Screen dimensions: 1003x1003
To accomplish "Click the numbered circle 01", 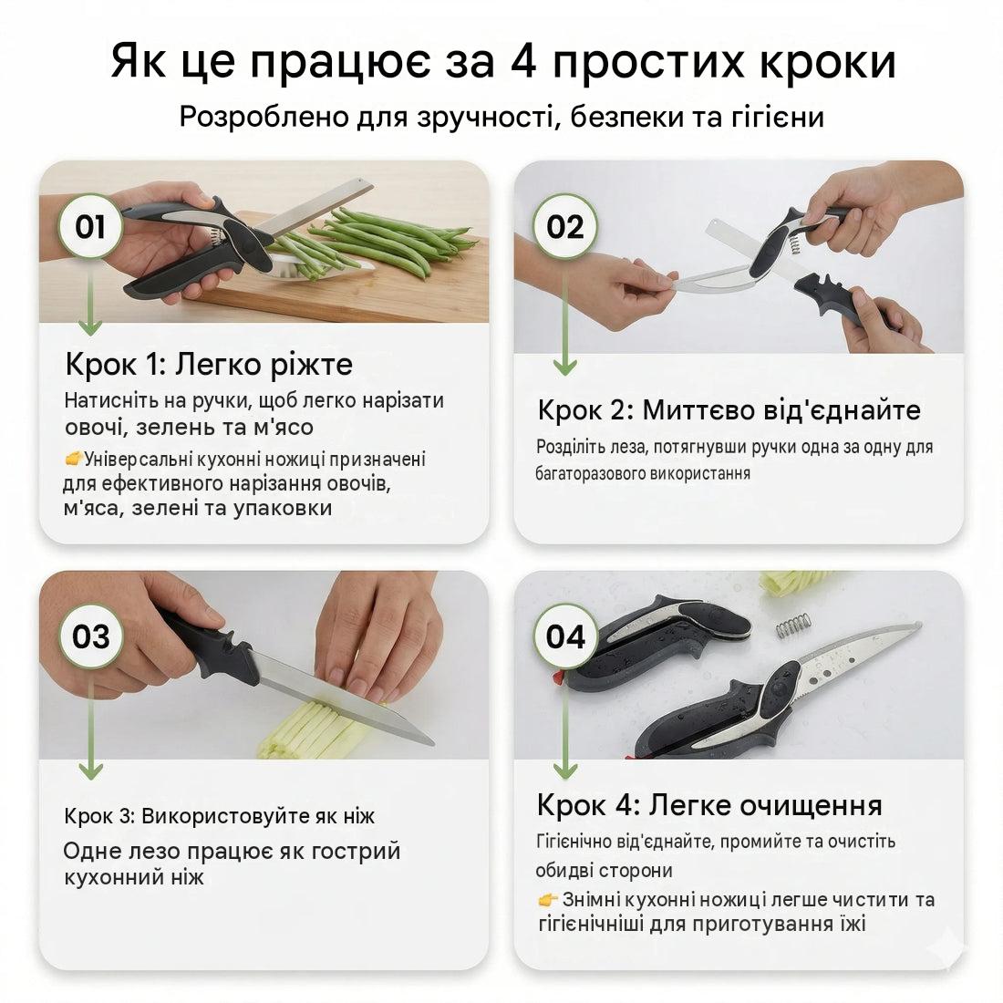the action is tap(89, 226).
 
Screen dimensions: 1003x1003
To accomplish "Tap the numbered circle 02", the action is tap(564, 226).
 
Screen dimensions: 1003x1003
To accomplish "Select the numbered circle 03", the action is tap(90, 636).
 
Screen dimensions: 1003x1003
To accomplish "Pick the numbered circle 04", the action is tap(565, 636).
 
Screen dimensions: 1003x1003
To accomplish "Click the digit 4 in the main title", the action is tap(524, 63).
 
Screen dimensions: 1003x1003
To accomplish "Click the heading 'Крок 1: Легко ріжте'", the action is tap(209, 365).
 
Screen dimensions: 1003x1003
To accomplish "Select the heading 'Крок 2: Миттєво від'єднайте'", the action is tap(729, 410).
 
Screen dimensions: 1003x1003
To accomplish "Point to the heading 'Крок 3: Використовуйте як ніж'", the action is tap(219, 816).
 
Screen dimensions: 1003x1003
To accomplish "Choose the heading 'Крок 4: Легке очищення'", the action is tap(709, 805).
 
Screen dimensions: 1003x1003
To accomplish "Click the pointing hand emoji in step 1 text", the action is tap(74, 459).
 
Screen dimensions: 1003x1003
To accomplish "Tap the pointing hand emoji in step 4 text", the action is tap(548, 900).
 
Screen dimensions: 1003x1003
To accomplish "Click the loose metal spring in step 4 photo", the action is tap(792, 626).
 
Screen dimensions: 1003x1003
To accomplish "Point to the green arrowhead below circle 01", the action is tap(90, 327).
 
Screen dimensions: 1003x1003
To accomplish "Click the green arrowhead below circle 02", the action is tap(564, 367).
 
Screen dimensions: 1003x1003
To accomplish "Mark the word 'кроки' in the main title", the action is tap(827, 63).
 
